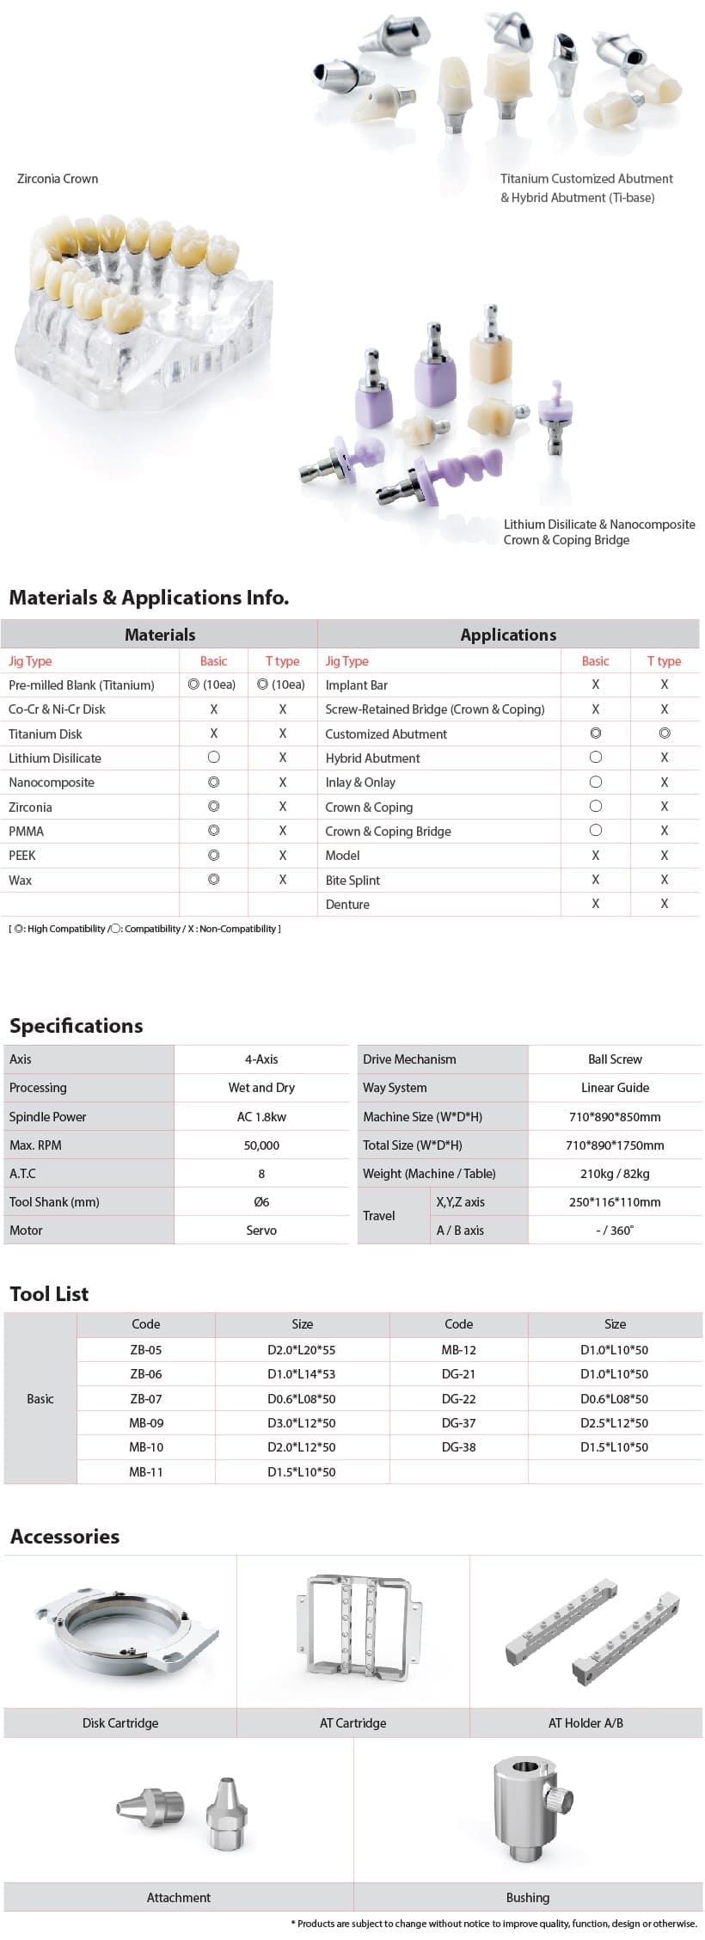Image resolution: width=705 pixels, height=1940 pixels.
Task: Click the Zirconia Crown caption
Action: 58,179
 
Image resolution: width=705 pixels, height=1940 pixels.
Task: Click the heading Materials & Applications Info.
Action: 149,597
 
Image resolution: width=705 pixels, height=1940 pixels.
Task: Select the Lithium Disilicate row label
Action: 55,758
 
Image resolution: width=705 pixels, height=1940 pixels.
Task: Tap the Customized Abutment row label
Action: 386,734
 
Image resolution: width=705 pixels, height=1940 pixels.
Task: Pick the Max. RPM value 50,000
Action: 261,1145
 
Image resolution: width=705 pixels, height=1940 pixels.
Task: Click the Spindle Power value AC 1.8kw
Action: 261,1116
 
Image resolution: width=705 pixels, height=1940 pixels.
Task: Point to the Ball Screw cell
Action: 615,1059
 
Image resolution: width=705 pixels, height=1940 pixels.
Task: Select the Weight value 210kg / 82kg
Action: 615,1173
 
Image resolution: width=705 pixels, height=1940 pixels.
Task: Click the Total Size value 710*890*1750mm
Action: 615,1145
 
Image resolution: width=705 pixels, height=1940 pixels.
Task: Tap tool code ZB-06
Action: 146,1374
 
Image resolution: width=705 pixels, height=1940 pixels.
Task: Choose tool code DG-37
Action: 458,1422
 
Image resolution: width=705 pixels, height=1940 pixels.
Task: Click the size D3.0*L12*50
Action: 302,1422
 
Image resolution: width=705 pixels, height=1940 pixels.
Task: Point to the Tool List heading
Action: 49,1293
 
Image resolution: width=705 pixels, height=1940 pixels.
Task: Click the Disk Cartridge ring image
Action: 125,1629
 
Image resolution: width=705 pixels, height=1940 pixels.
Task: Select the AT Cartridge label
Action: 352,1722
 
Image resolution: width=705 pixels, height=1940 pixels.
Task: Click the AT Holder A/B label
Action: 585,1722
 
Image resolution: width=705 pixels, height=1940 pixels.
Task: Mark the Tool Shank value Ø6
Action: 261,1201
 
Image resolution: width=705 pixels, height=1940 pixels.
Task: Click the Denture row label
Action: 347,904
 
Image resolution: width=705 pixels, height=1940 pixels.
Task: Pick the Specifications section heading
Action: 77,1025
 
